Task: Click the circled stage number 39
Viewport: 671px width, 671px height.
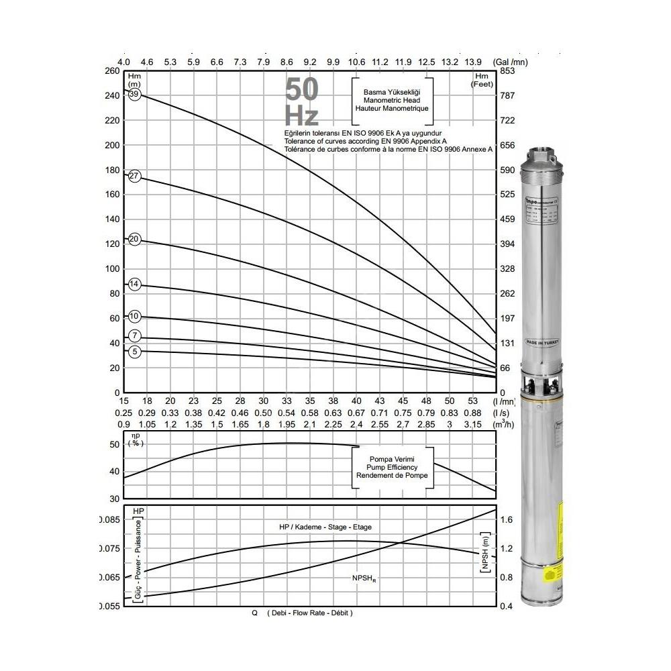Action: coord(134,95)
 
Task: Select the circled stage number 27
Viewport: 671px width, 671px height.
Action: coord(134,176)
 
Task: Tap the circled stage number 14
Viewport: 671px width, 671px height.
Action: coord(134,285)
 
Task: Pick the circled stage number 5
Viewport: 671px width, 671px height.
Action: coord(134,351)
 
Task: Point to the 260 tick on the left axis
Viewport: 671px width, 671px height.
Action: coord(111,71)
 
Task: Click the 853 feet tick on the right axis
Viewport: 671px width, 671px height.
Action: coord(507,71)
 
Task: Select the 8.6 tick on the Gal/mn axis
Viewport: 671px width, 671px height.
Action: coord(287,62)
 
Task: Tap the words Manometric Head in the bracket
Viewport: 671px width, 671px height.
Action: coord(391,99)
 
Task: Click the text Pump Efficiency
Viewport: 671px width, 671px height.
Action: coord(392,466)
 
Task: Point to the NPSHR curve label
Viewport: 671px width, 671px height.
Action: coord(364,577)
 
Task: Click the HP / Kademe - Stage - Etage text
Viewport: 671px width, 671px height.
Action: coord(324,527)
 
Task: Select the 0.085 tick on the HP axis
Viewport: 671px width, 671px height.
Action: coord(109,519)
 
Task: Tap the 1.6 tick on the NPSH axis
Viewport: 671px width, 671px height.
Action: coord(507,519)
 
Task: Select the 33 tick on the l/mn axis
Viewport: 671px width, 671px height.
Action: coord(287,401)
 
